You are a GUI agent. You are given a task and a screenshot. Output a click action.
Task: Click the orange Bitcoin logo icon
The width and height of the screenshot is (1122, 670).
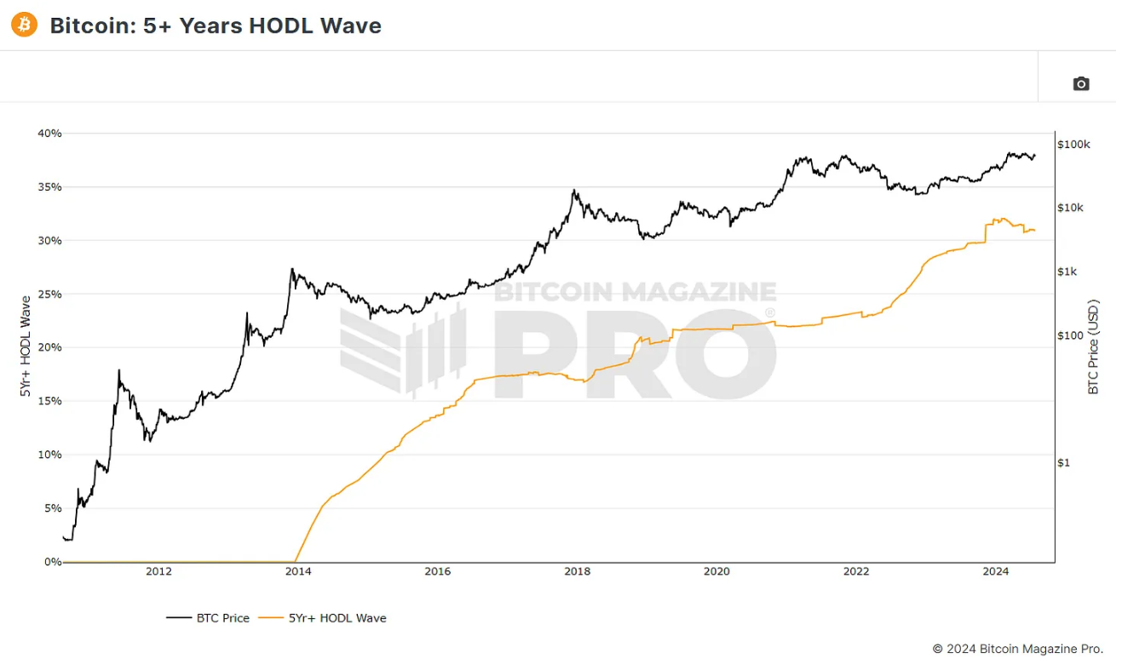pyautogui.click(x=24, y=26)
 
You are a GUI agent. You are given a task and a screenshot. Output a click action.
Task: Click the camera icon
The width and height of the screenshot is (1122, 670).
pyautogui.click(x=1080, y=83)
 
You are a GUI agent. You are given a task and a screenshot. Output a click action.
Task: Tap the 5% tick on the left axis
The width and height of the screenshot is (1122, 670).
pyautogui.click(x=53, y=508)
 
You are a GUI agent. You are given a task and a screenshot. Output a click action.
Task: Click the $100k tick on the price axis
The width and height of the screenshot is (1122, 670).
pyautogui.click(x=1073, y=145)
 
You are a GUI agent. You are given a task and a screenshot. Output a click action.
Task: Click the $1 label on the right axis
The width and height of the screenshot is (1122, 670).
pyautogui.click(x=1063, y=462)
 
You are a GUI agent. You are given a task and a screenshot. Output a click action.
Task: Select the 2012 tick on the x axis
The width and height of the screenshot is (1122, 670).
pyautogui.click(x=158, y=571)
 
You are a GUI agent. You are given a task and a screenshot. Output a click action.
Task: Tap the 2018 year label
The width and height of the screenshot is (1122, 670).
pyautogui.click(x=577, y=571)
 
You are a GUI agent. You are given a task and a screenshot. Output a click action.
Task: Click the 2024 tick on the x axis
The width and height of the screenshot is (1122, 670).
pyautogui.click(x=995, y=571)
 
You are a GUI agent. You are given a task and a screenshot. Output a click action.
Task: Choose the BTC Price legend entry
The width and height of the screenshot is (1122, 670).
pyautogui.click(x=208, y=618)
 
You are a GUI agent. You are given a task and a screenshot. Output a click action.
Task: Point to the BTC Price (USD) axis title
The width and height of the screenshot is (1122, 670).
pyautogui.click(x=1095, y=346)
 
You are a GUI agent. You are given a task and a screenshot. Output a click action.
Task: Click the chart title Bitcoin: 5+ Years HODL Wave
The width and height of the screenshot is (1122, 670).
pyautogui.click(x=216, y=26)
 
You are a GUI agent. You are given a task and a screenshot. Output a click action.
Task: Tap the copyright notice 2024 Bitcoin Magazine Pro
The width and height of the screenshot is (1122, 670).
pyautogui.click(x=1017, y=649)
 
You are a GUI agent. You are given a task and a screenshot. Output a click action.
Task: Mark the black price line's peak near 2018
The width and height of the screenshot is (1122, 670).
pyautogui.click(x=574, y=191)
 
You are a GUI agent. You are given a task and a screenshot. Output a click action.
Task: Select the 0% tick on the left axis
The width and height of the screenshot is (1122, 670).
pyautogui.click(x=53, y=562)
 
